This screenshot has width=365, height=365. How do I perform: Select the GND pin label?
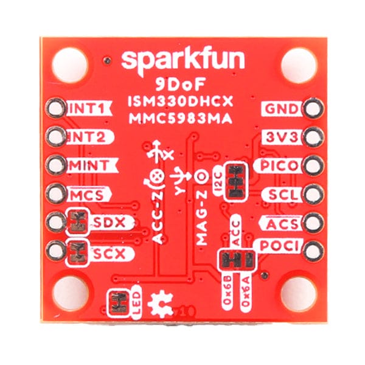[280, 109]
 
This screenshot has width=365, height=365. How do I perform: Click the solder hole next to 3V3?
[313, 137]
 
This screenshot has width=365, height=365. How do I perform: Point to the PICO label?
[279, 165]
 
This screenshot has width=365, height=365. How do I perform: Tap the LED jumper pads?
[117, 303]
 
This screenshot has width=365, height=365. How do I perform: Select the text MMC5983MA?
[183, 119]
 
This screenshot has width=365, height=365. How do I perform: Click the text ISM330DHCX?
[183, 100]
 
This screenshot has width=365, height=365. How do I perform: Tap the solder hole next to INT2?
[56, 137]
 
